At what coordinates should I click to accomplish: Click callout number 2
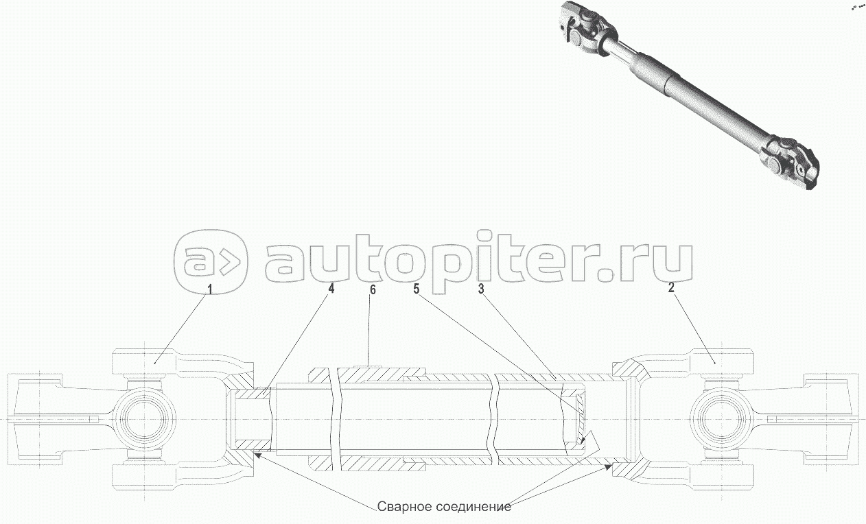pyautogui.click(x=672, y=288)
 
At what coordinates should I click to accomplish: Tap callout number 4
pyautogui.click(x=331, y=289)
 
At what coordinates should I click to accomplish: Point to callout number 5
pyautogui.click(x=416, y=289)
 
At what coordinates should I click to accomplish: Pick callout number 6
pyautogui.click(x=373, y=289)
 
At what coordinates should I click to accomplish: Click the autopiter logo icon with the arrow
pyautogui.click(x=210, y=261)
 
